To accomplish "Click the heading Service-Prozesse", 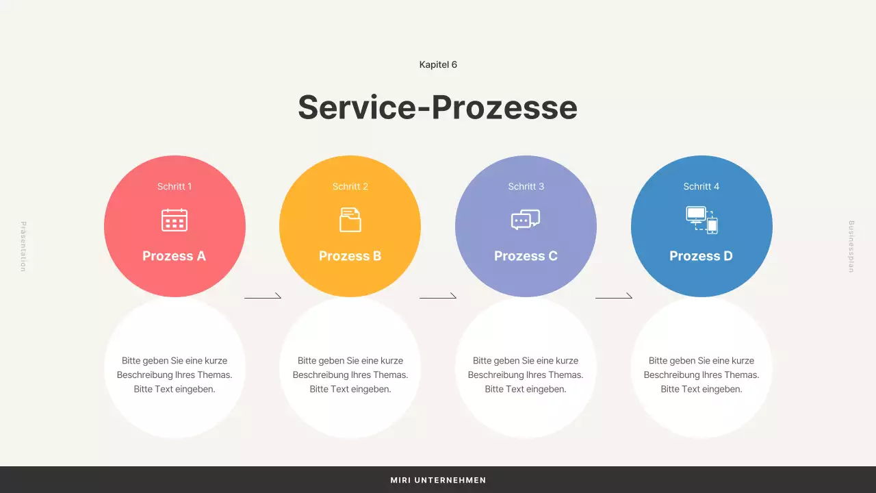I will (x=437, y=108).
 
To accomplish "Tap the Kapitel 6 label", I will (x=438, y=64).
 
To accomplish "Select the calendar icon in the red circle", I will (x=175, y=220).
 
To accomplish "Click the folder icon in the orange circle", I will (x=350, y=220).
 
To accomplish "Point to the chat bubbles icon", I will (x=526, y=220).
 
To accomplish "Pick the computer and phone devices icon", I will (x=701, y=220).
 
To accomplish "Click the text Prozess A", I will (x=174, y=256).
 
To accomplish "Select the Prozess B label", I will (x=350, y=256).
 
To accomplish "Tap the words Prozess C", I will (x=526, y=256).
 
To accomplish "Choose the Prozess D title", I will (x=701, y=256).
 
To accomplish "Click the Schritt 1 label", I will (x=175, y=186).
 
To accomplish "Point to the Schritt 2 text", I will (x=350, y=186).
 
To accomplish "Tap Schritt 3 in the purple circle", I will (x=526, y=186).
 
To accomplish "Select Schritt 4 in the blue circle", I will (x=701, y=186).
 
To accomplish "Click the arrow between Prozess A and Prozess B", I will (x=263, y=297).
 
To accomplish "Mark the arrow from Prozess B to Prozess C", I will (x=438, y=297).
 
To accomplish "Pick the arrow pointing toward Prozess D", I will (x=614, y=297).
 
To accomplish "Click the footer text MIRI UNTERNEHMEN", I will (x=438, y=480).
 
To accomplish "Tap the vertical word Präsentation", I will (x=23, y=246).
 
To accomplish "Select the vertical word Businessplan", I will (x=851, y=246).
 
